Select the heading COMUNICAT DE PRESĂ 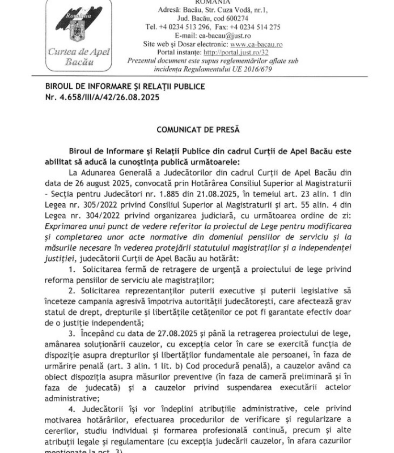(x=197, y=130)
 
